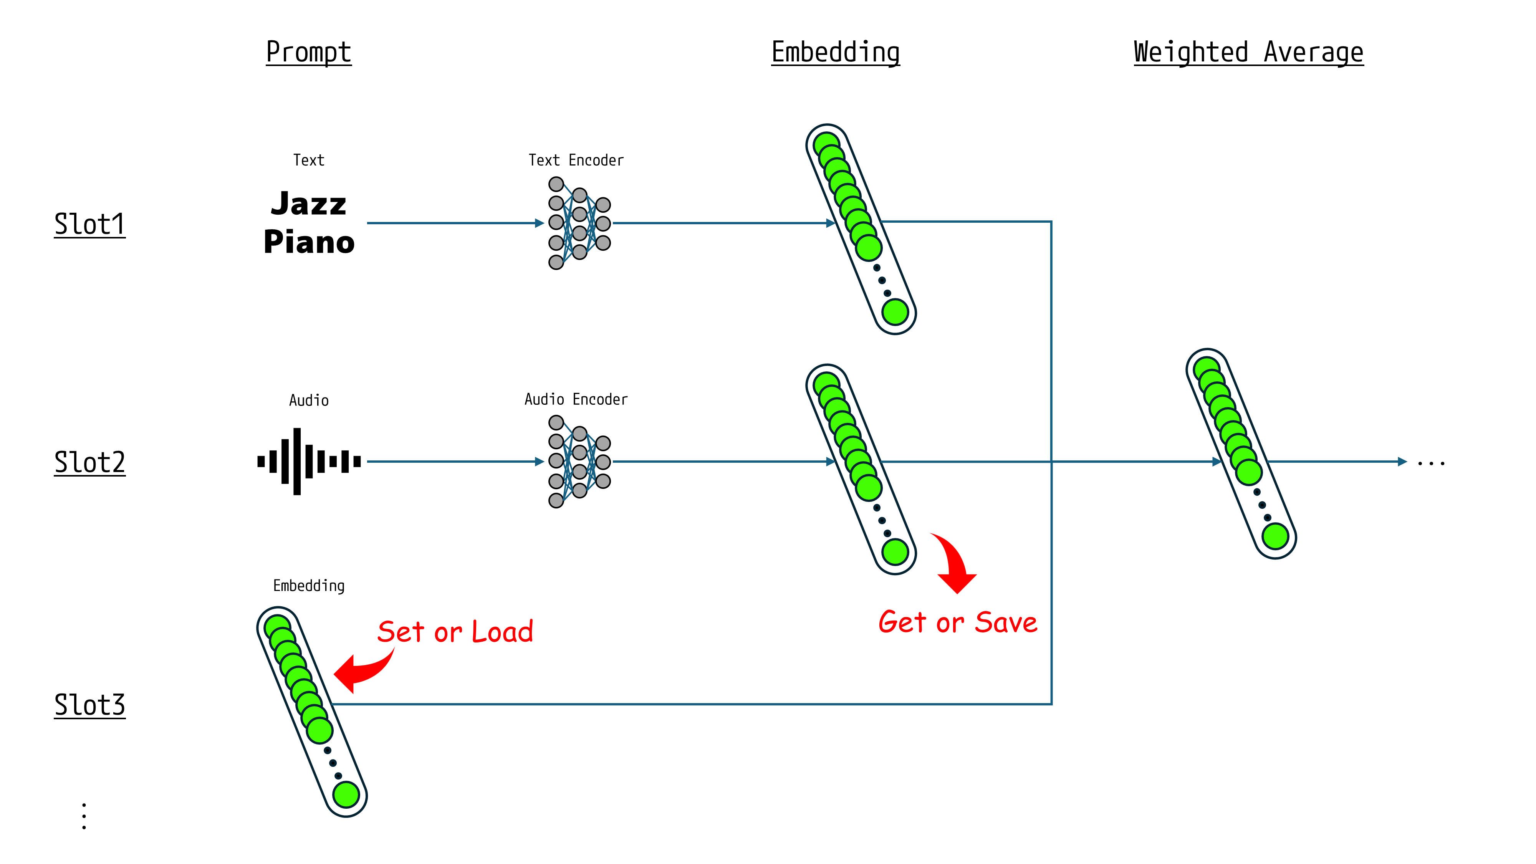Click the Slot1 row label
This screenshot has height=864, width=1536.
coord(89,225)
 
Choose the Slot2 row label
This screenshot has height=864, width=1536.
coord(89,463)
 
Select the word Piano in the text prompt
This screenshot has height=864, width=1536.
coord(309,242)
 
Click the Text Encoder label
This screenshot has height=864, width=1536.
coord(576,161)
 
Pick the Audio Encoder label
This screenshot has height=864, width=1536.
coord(576,399)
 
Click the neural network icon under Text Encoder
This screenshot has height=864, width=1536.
coord(579,223)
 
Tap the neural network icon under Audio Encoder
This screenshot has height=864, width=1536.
coord(579,462)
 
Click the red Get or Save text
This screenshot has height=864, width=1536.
coord(958,622)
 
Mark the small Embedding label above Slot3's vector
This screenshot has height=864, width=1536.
coord(309,586)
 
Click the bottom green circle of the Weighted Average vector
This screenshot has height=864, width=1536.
coord(1275,536)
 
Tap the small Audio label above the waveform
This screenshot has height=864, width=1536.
coord(309,400)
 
